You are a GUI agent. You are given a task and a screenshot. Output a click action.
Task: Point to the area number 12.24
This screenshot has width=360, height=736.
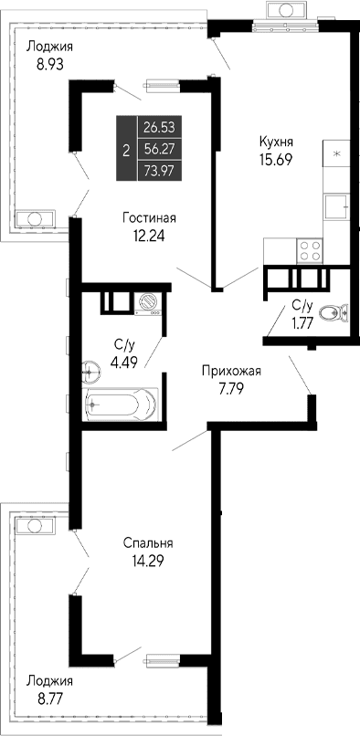(150, 235)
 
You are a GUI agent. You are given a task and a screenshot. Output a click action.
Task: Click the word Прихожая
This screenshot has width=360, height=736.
(232, 370)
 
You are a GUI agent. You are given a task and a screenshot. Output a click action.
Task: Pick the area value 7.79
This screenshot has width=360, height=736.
(232, 386)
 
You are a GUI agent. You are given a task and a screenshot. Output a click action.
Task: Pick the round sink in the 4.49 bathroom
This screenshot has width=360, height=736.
(90, 371)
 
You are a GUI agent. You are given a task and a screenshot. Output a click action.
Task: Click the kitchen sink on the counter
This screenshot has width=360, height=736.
(339, 207)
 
